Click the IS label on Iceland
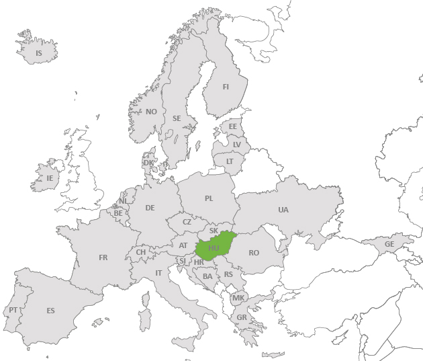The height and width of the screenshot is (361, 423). tap(38, 53)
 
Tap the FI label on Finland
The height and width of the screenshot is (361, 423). tap(226, 87)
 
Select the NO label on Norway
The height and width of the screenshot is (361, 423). tap(151, 112)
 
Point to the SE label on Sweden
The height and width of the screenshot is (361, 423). tap(177, 118)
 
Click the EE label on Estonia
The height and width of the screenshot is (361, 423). tap(233, 126)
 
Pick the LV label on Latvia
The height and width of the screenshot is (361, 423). tap(236, 145)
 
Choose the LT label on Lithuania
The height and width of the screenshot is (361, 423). tap(230, 161)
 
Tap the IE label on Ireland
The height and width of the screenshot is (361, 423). tap(49, 178)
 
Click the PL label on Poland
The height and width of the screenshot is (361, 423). tap(209, 198)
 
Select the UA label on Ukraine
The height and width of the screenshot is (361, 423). tap(283, 210)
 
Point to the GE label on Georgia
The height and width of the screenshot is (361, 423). tap(389, 244)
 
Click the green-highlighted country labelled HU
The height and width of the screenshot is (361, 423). tap(214, 248)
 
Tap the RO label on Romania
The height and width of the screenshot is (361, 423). tap(254, 253)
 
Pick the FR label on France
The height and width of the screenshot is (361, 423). tap(103, 257)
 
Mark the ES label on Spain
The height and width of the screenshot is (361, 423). tap(50, 311)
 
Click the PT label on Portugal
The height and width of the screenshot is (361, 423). tap(13, 311)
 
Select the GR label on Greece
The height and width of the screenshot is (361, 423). tap(241, 317)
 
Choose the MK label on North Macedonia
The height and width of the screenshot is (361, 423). tap(238, 298)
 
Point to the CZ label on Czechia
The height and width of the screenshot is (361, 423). tap(187, 222)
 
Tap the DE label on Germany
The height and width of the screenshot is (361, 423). tap(150, 208)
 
